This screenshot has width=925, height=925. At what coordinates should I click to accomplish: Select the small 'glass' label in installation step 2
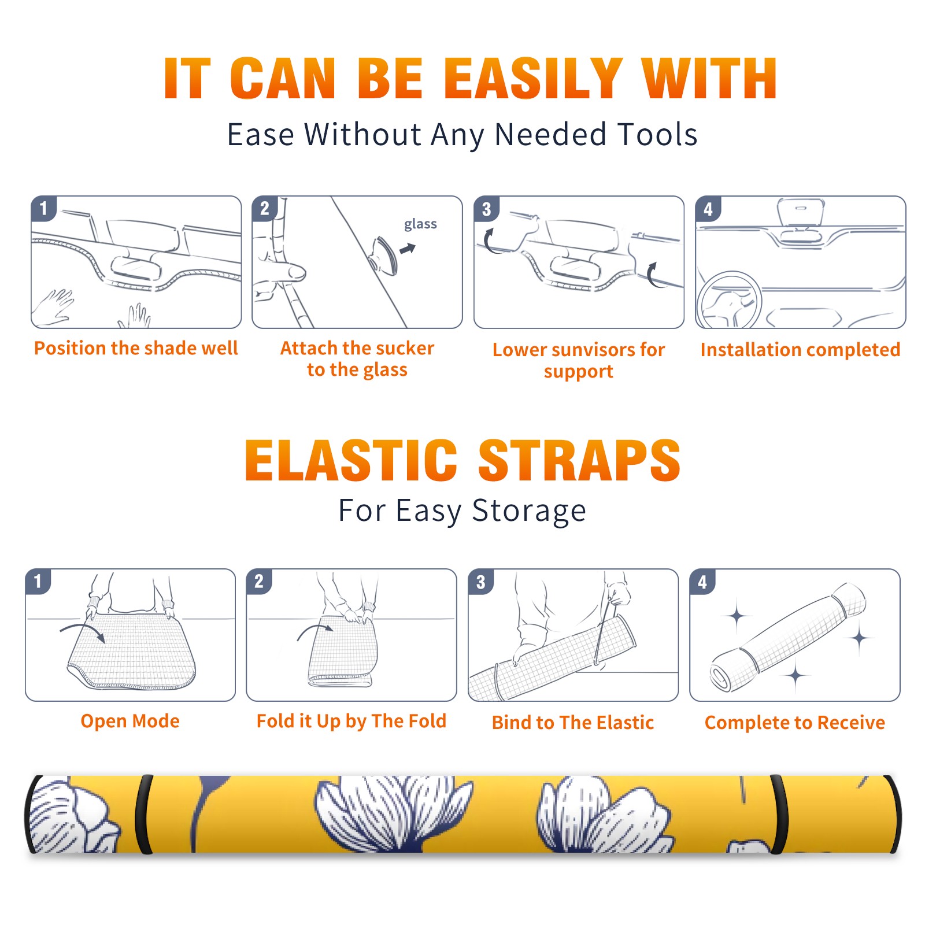pyautogui.click(x=420, y=224)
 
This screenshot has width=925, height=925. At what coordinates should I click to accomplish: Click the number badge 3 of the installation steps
pyautogui.click(x=486, y=209)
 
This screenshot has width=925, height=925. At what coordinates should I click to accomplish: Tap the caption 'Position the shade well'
pyautogui.click(x=136, y=348)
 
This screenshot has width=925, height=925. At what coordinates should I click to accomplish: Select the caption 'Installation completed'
pyautogui.click(x=800, y=349)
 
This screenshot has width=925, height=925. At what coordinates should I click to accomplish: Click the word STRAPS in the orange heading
pyautogui.click(x=579, y=460)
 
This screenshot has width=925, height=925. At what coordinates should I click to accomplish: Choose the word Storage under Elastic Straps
pyautogui.click(x=528, y=511)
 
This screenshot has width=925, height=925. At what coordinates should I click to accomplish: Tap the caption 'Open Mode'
pyautogui.click(x=130, y=721)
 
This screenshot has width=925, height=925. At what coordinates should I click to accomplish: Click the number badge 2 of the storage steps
pyautogui.click(x=259, y=581)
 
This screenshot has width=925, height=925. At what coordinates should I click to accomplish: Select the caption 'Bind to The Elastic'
pyautogui.click(x=573, y=723)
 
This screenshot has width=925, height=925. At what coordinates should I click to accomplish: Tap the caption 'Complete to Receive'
pyautogui.click(x=795, y=723)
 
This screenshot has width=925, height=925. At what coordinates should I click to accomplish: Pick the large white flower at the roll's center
pyautogui.click(x=393, y=812)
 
